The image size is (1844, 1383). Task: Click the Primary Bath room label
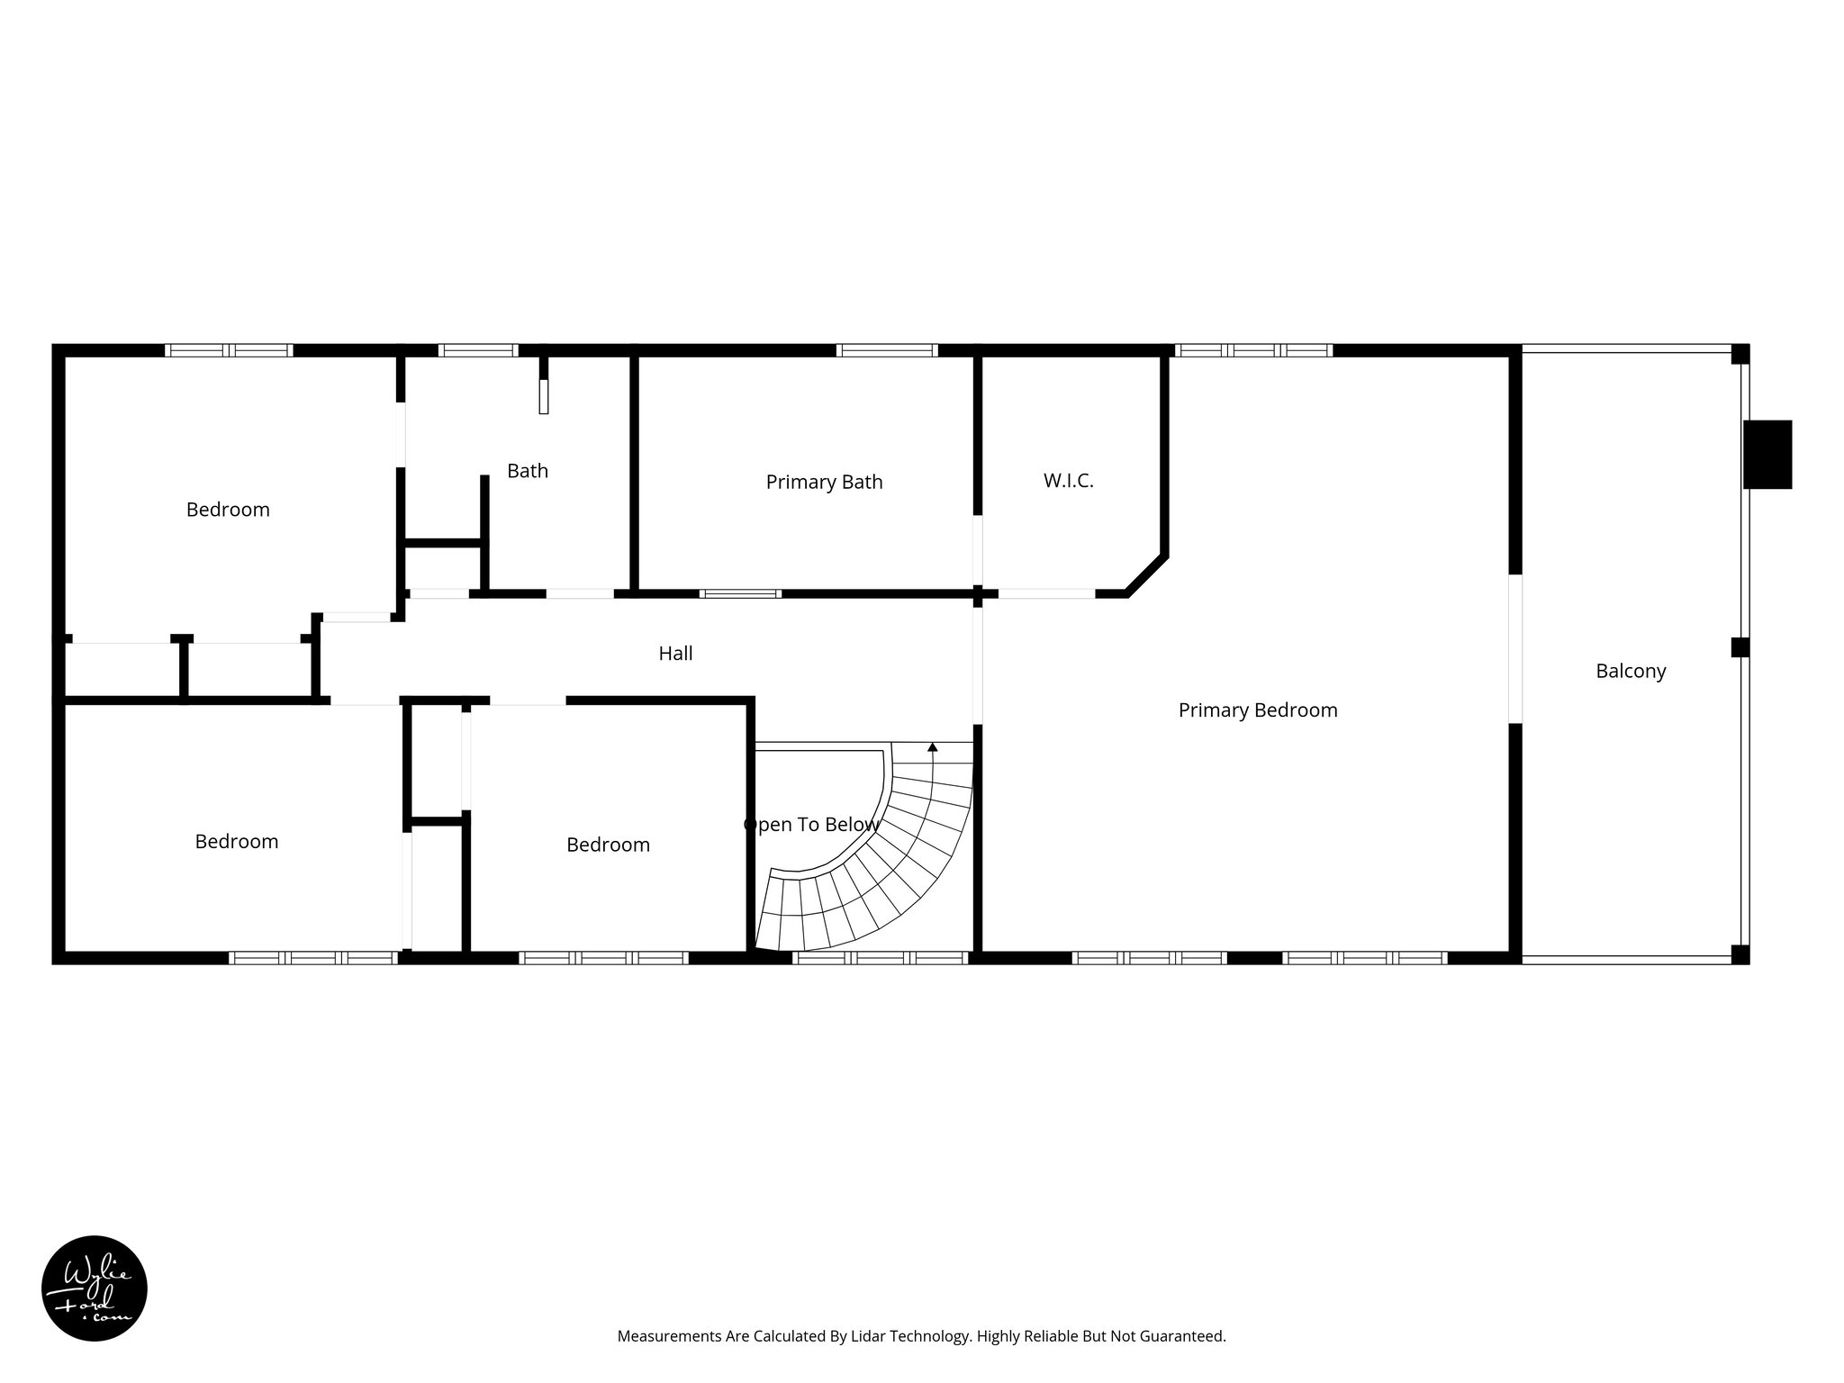(x=824, y=482)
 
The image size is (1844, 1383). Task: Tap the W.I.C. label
(x=1068, y=481)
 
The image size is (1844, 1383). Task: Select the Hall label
(x=675, y=654)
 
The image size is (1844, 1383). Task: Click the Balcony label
(x=1631, y=671)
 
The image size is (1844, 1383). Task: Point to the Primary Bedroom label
(x=1257, y=710)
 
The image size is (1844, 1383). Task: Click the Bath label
(x=527, y=471)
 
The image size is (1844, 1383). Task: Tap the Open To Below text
(x=811, y=825)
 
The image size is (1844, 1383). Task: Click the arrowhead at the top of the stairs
(x=932, y=747)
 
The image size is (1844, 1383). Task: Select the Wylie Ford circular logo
(x=95, y=1288)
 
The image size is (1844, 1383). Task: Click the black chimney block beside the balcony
(x=1767, y=455)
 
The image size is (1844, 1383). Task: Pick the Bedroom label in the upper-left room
(x=228, y=510)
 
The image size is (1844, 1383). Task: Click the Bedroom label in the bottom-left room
(x=237, y=841)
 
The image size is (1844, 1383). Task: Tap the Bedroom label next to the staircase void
(x=608, y=845)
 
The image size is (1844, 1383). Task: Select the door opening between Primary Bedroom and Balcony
(x=1514, y=648)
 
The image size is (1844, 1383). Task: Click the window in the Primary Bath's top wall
(x=887, y=350)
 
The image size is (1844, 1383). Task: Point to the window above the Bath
(x=477, y=350)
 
